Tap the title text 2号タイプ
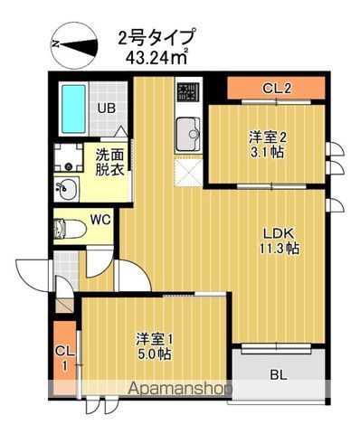[156, 38]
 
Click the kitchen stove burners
[187, 92]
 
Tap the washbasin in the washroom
[67, 189]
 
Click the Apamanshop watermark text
[180, 389]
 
